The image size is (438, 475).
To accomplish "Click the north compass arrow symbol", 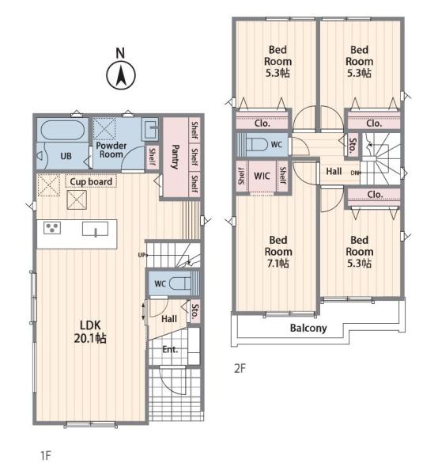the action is click(121, 76).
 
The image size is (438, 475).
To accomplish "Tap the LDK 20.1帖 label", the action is click(90, 332).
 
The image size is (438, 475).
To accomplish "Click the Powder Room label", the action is click(111, 150).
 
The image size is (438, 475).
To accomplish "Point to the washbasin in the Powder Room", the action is click(150, 129).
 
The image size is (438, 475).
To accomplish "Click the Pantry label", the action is click(176, 157).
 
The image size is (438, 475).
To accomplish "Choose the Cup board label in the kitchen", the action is click(91, 182).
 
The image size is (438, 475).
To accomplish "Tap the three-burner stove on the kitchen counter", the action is click(52, 228).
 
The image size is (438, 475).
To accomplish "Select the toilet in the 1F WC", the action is click(180, 284).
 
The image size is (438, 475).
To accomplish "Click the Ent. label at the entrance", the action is click(170, 350).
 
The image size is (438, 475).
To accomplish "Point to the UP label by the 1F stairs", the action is click(142, 255).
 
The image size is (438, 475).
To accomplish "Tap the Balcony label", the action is click(308, 328).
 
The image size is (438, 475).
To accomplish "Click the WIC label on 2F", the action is click(262, 176).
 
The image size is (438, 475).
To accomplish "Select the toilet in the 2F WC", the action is click(257, 145).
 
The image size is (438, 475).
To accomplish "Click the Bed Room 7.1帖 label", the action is click(278, 252).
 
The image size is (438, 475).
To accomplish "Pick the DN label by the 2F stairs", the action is click(354, 173).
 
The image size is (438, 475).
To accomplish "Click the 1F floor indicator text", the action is click(46, 456).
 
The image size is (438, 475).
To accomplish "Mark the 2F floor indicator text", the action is click(240, 368).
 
